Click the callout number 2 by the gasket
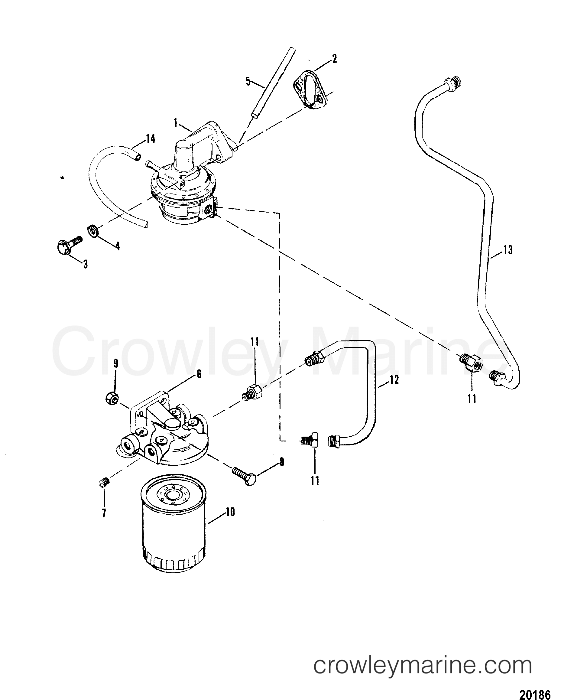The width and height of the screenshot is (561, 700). pos(334,59)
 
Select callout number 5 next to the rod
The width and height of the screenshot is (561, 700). pos(248,82)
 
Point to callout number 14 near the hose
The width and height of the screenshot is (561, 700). pos(150,139)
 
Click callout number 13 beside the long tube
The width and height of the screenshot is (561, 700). pos(508,250)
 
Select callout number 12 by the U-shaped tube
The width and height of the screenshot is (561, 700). pos(394,379)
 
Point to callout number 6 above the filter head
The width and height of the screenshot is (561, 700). pos(199,374)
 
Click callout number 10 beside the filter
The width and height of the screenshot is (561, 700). pos(230,512)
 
